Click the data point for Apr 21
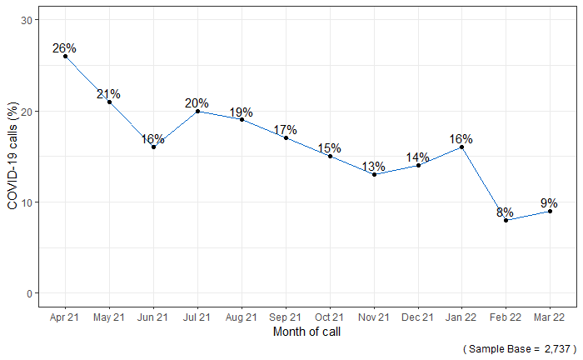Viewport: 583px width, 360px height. click(65, 57)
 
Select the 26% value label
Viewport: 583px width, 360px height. click(64, 48)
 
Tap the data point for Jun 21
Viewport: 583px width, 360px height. click(153, 147)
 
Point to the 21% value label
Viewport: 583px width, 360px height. click(108, 94)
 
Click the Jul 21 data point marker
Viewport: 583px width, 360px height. click(197, 111)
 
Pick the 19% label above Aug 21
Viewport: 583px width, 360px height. click(242, 112)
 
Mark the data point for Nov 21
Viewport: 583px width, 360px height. click(374, 174)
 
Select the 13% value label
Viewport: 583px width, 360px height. click(374, 166)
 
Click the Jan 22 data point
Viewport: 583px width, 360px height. click(462, 147)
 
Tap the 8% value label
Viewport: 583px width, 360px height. click(505, 212)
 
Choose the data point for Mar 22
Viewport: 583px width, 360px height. click(551, 211)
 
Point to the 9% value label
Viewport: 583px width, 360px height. click(549, 202)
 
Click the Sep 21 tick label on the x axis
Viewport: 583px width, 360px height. click(286, 317)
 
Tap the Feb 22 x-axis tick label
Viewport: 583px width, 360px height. click(506, 317)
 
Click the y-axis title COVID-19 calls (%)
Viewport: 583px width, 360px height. click(12, 157)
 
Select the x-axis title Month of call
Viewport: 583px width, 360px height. click(307, 332)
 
